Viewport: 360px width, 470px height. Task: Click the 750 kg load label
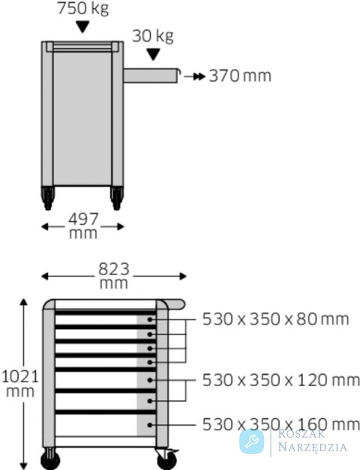(82, 8)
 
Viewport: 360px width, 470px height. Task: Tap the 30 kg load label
(153, 36)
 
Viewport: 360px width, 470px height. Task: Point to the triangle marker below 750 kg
(82, 27)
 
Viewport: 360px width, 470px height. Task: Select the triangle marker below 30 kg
(154, 55)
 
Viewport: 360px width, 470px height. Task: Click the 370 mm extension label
(240, 76)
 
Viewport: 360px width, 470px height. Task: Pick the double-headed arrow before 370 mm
(195, 76)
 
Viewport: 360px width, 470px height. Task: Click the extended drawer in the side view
(151, 75)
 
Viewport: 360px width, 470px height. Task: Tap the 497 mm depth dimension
(82, 226)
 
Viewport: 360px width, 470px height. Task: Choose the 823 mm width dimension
(114, 276)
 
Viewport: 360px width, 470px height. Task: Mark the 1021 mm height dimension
(21, 384)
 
